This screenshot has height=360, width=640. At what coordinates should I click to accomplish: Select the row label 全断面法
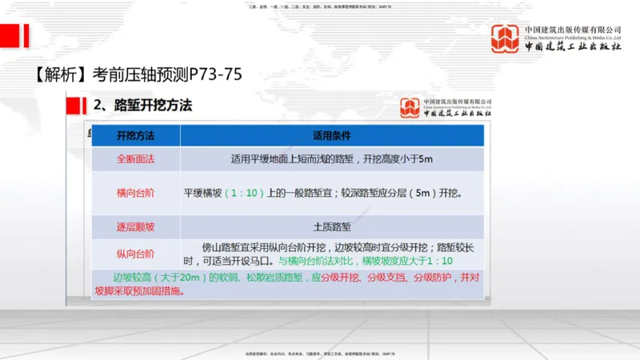tap(135, 158)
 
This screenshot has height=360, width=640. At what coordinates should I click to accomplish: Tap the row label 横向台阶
tap(135, 193)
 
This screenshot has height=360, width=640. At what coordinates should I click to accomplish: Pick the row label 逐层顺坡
tap(135, 227)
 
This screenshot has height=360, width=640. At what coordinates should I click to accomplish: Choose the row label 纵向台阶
tap(135, 254)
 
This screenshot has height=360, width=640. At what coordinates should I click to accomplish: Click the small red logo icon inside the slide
tap(410, 106)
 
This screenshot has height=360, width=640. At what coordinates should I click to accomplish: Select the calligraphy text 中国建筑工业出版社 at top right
tap(573, 46)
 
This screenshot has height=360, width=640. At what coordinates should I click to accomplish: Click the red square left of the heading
tap(78, 105)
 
